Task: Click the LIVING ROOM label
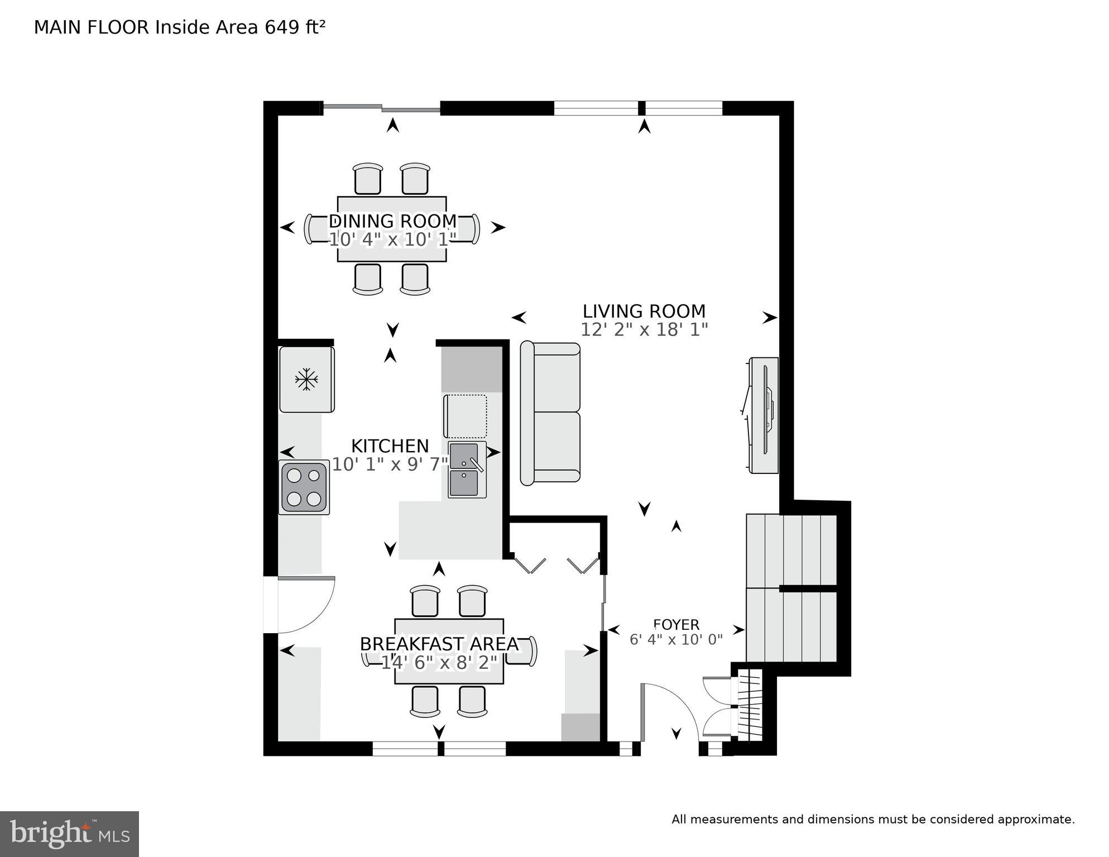pyautogui.click(x=644, y=311)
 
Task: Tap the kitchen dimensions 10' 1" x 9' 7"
pyautogui.click(x=390, y=465)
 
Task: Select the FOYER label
pyautogui.click(x=676, y=625)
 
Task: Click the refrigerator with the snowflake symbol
pyautogui.click(x=306, y=380)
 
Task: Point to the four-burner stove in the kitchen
pyautogui.click(x=304, y=487)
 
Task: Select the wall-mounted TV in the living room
pyautogui.click(x=764, y=415)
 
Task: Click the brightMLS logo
pyautogui.click(x=69, y=834)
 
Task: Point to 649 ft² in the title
pyautogui.click(x=295, y=27)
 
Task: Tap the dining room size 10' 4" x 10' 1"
pyautogui.click(x=392, y=240)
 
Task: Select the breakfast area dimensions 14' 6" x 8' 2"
pyautogui.click(x=439, y=663)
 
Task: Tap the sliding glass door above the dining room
pyautogui.click(x=382, y=108)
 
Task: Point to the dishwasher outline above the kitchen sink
pyautogui.click(x=465, y=416)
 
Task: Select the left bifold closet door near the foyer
pyautogui.click(x=530, y=565)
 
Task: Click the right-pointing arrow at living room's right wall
pyautogui.click(x=770, y=318)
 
